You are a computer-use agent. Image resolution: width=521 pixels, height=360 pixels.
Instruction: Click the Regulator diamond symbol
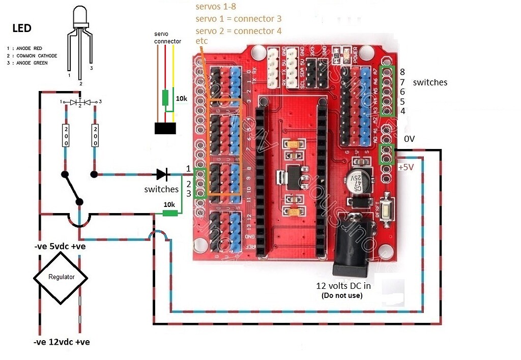pos(61,277)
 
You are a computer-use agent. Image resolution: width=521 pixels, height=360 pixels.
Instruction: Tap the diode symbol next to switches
pos(162,174)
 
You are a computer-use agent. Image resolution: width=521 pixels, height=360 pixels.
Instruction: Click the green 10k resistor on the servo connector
pos(165,98)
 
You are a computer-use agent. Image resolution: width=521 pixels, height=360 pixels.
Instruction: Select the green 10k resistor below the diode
pos(169,213)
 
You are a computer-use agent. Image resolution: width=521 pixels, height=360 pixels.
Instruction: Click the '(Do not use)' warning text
pos(342,295)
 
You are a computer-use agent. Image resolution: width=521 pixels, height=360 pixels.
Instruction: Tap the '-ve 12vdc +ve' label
pos(62,342)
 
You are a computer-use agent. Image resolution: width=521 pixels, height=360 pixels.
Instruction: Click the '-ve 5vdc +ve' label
pos(59,247)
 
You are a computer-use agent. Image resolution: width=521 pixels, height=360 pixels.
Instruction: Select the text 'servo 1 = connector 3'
pos(239,19)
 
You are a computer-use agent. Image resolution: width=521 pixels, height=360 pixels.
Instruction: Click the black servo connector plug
pos(165,128)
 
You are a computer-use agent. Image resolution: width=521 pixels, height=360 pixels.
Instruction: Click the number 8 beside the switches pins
pos(402,72)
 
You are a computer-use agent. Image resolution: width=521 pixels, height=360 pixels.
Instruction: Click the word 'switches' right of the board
pos(430,82)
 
